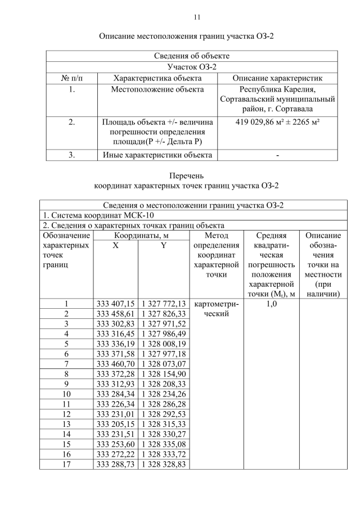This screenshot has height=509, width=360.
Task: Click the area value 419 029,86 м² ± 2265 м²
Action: pyautogui.click(x=277, y=122)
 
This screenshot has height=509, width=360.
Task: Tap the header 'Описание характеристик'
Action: pyautogui.click(x=277, y=78)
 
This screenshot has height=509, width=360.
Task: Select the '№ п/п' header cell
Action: pyautogui.click(x=71, y=78)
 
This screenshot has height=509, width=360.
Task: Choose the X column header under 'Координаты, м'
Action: pyautogui.click(x=115, y=245)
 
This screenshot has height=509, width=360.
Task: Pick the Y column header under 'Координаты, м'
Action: pyautogui.click(x=163, y=245)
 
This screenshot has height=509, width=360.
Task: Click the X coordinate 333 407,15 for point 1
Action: pyautogui.click(x=116, y=304)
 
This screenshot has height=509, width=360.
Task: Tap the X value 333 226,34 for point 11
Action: pyautogui.click(x=116, y=404)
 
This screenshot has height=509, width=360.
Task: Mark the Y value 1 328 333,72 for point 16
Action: pyautogui.click(x=164, y=453)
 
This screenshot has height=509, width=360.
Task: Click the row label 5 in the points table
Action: pyautogui.click(x=66, y=344)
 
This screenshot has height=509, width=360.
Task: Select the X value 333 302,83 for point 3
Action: pyautogui.click(x=116, y=324)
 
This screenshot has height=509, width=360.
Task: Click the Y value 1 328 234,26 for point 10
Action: pyautogui.click(x=164, y=394)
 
